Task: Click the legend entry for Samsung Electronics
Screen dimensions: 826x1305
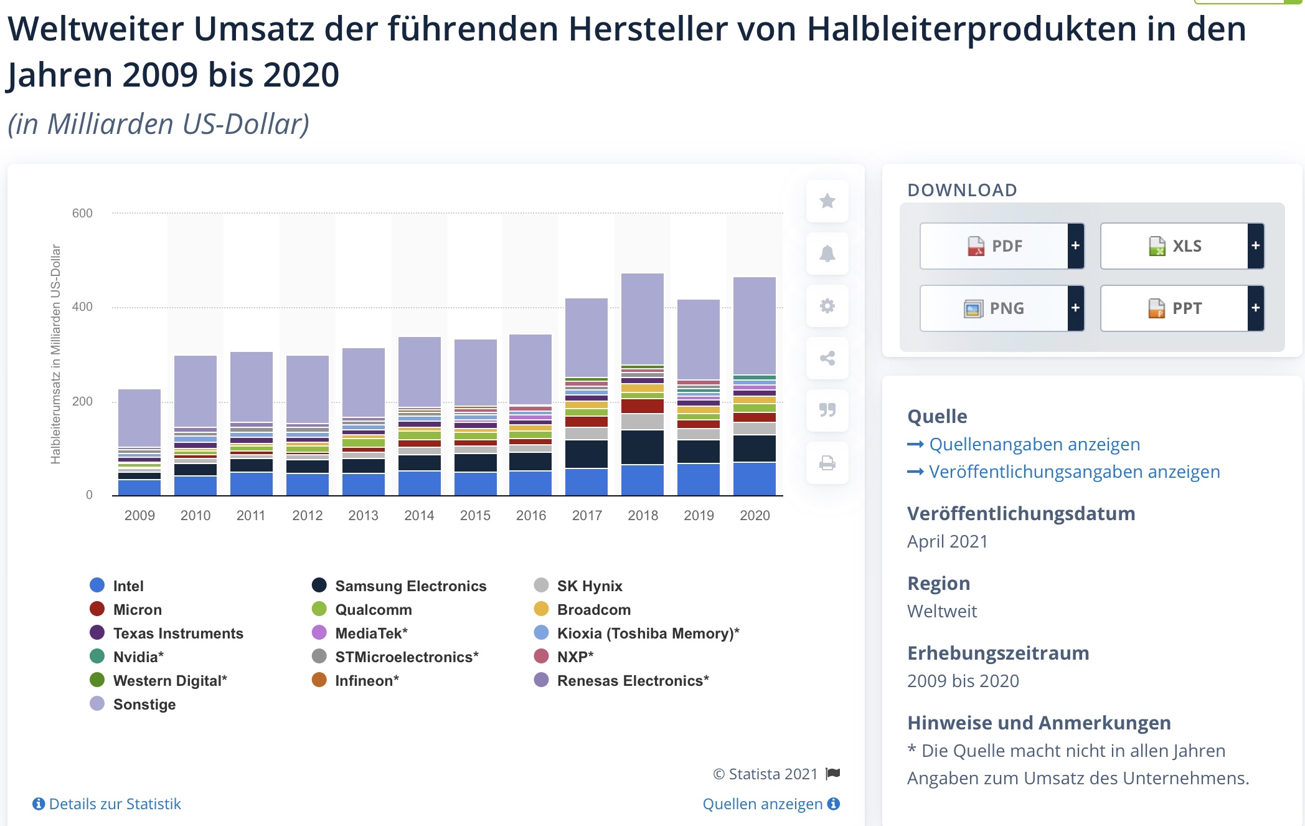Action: tap(410, 586)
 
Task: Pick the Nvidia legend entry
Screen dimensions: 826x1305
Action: tap(138, 657)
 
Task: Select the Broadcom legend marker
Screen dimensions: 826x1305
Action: tap(542, 609)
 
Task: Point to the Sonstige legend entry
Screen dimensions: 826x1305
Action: tap(144, 705)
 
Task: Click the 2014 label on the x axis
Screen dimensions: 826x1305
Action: tap(419, 516)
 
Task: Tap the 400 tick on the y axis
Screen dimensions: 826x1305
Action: tap(82, 307)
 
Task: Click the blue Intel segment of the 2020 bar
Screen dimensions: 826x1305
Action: tap(755, 478)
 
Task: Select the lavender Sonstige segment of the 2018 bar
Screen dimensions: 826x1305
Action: tap(643, 318)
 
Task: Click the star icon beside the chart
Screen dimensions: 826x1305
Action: tap(827, 201)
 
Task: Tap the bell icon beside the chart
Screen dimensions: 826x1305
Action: tap(827, 254)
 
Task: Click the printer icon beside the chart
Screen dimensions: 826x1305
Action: tap(827, 463)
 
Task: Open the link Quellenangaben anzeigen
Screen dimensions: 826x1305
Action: tap(1034, 445)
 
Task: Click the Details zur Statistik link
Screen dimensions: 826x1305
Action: tap(115, 804)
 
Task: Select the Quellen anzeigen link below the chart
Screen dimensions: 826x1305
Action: tap(763, 804)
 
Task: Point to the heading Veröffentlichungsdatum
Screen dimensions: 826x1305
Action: tap(1021, 514)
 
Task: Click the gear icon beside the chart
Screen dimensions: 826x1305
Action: tap(827, 306)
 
